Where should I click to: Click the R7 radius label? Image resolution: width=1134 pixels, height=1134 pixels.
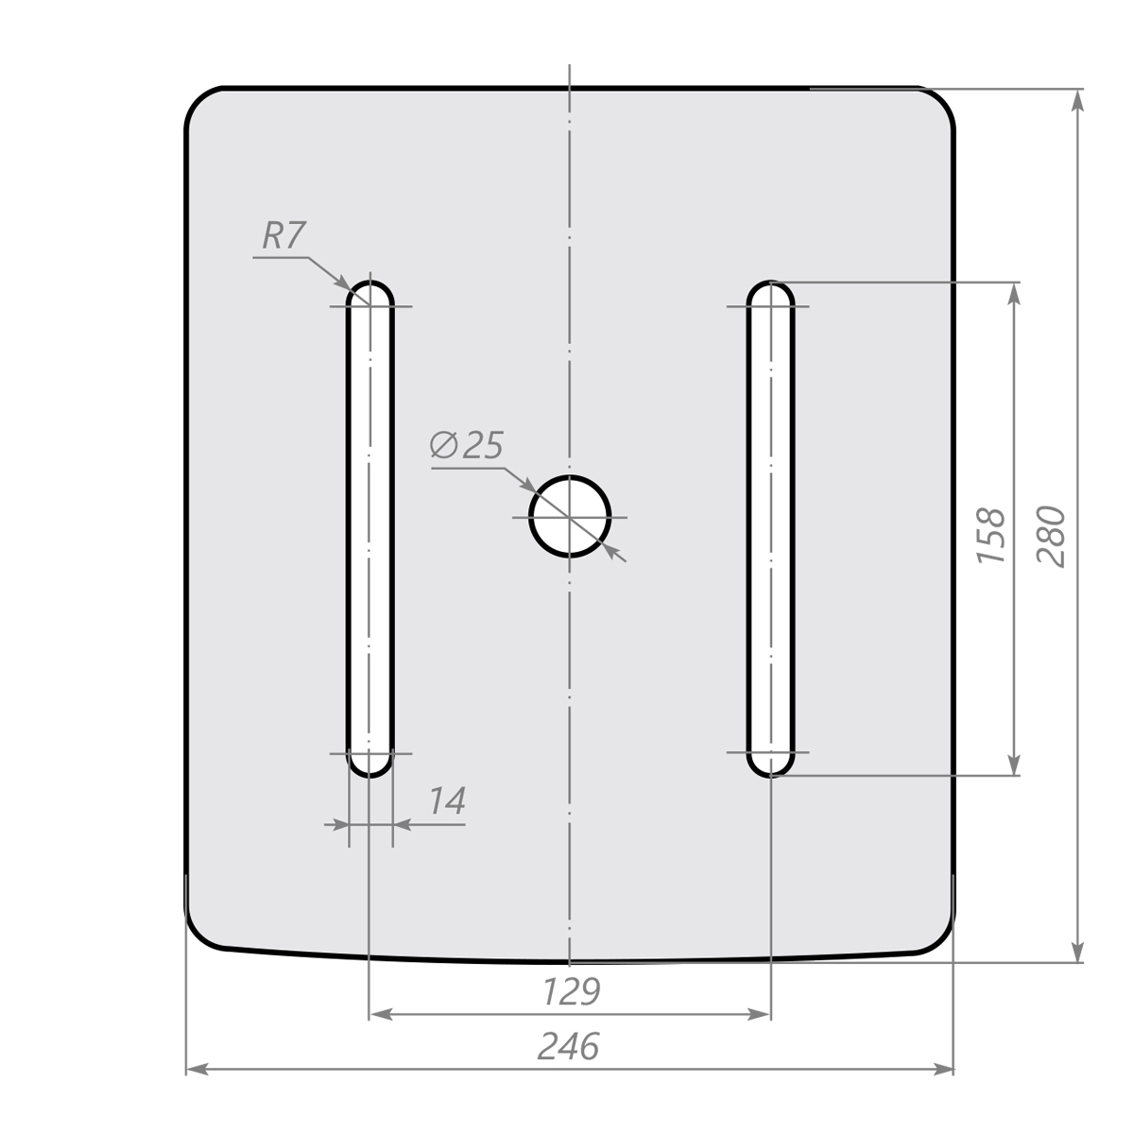click(x=283, y=235)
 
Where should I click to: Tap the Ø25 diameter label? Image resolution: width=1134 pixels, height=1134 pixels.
click(x=467, y=445)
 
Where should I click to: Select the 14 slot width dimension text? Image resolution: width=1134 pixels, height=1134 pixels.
click(x=447, y=801)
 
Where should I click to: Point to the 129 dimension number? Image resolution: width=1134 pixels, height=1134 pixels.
click(x=571, y=991)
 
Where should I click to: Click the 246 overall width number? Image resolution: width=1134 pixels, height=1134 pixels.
click(x=569, y=1047)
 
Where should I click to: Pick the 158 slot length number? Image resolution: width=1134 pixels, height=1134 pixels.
click(x=990, y=535)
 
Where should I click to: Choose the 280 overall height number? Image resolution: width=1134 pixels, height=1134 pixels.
click(x=1051, y=536)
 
